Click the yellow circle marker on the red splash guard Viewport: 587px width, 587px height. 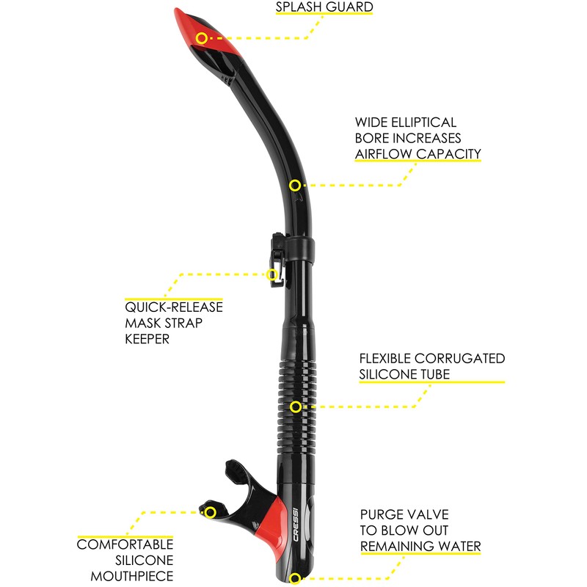point(202,38)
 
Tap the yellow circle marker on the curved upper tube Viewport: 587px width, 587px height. point(295,185)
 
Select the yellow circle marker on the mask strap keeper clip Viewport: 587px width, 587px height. point(272,274)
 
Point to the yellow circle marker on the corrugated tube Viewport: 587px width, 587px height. point(296,406)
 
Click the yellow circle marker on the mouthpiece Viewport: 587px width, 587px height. point(211,512)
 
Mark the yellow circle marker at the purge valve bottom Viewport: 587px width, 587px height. point(295,579)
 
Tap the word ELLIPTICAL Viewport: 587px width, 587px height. point(424,123)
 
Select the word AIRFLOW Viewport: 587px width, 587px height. point(384,154)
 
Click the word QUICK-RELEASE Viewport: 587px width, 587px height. point(174,307)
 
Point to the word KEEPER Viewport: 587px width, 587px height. point(147,339)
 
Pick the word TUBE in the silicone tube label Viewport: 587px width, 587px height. point(435,374)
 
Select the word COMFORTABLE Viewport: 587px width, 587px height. point(125,544)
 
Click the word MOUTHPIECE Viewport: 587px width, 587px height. point(132,576)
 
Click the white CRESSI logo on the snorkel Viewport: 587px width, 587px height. point(296,524)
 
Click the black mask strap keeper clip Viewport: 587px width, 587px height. point(277,258)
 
